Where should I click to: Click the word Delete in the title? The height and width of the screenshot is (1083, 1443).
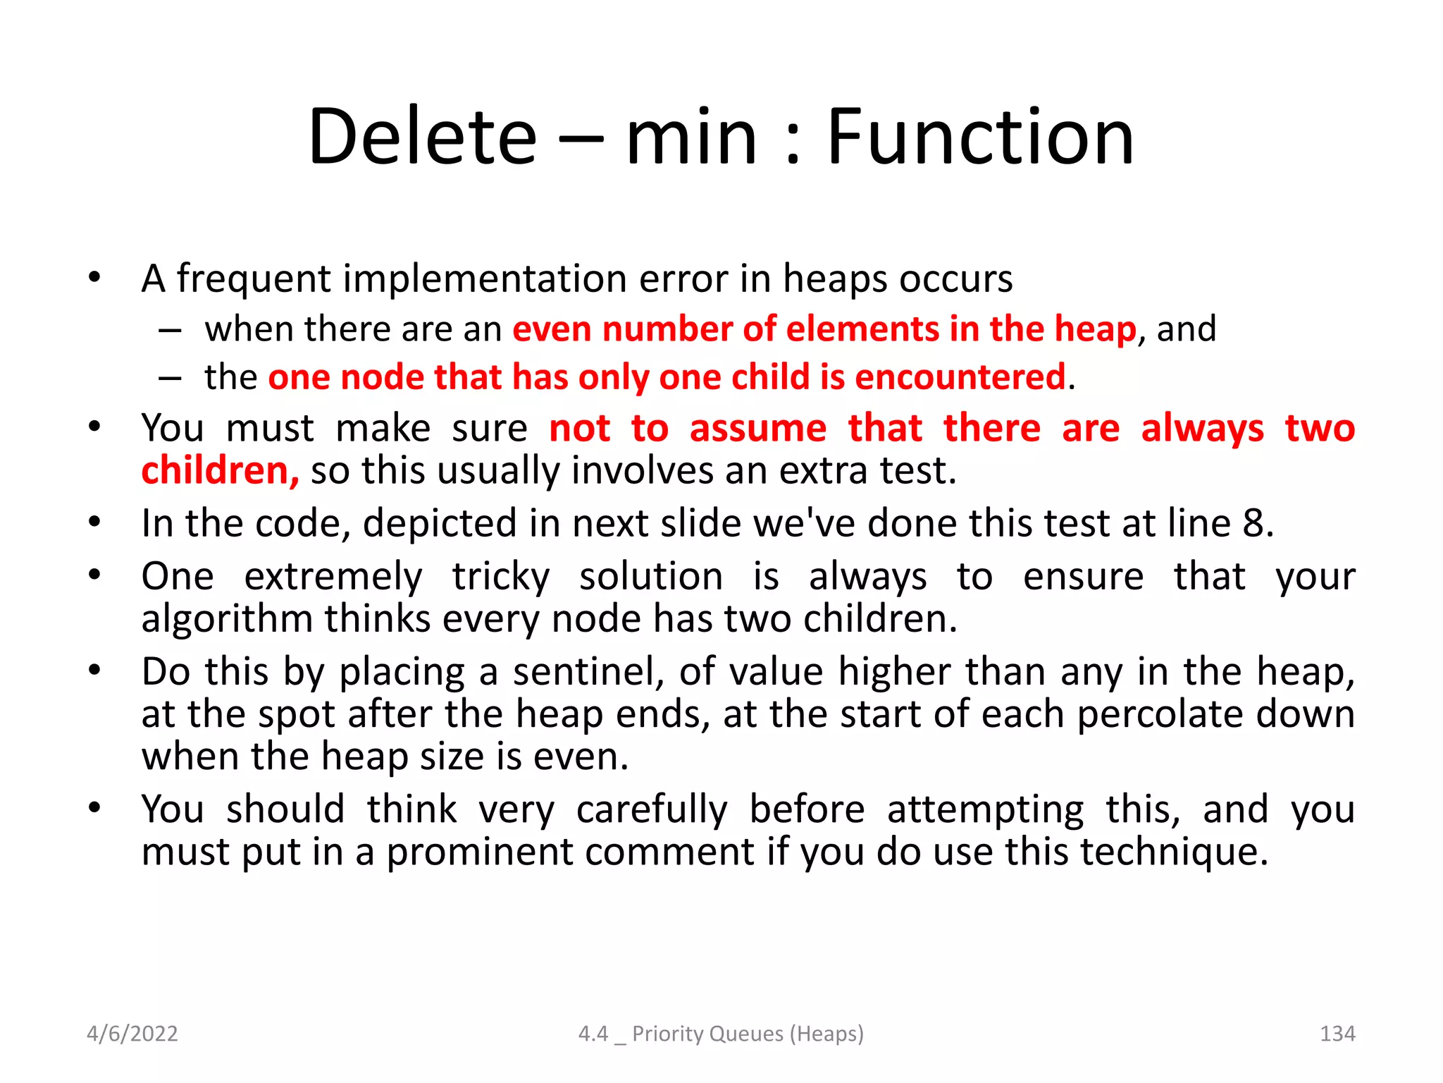pyautogui.click(x=423, y=137)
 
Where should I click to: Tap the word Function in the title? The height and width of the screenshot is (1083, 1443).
pyautogui.click(x=979, y=137)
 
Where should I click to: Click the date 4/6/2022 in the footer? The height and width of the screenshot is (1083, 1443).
pyautogui.click(x=132, y=1034)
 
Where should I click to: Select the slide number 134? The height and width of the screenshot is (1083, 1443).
pyautogui.click(x=1337, y=1034)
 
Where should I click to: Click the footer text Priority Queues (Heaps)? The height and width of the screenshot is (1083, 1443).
pyautogui.click(x=747, y=1034)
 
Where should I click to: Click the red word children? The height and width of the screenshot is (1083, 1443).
pyautogui.click(x=220, y=471)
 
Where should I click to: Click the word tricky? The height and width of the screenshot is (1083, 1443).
pyautogui.click(x=500, y=577)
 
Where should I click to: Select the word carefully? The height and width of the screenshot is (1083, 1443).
pyautogui.click(x=651, y=809)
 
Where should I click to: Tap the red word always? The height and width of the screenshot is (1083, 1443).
pyautogui.click(x=1202, y=429)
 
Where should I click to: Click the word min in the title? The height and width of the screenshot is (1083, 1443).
pyautogui.click(x=691, y=137)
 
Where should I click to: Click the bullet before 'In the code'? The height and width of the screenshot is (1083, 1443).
pyautogui.click(x=95, y=522)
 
